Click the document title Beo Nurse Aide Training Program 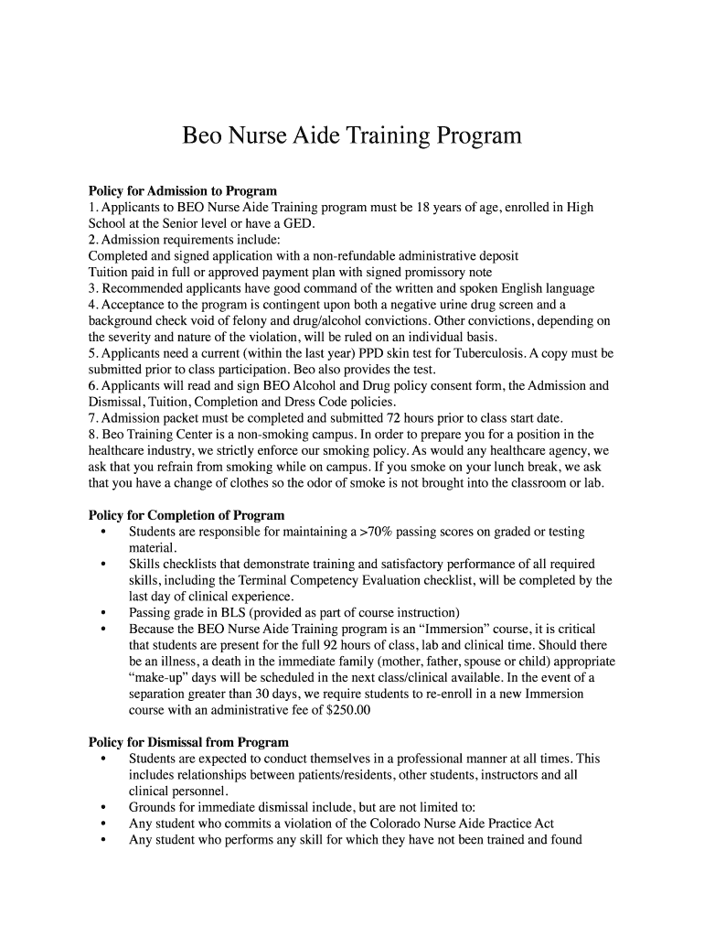click(352, 136)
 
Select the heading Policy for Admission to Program click(182, 191)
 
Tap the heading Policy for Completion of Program click(186, 515)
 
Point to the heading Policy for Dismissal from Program click(188, 742)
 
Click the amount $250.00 click(341, 710)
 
